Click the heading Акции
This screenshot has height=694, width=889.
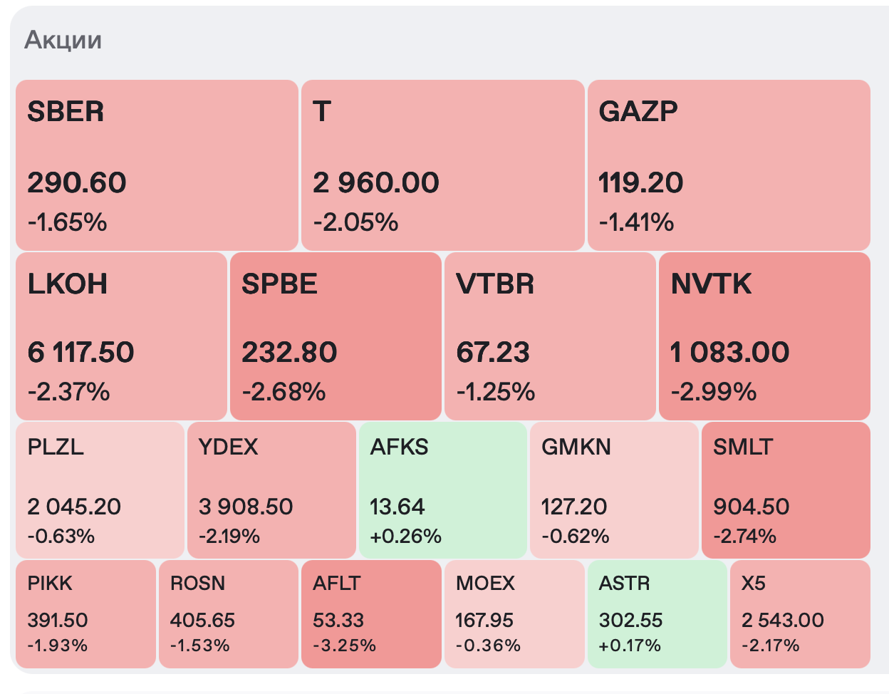click(x=63, y=40)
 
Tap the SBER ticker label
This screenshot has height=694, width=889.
click(x=66, y=112)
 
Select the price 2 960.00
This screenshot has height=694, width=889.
click(x=376, y=183)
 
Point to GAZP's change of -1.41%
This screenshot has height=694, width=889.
click(x=636, y=222)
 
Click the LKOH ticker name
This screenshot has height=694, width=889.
click(x=68, y=284)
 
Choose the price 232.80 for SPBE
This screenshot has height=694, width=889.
click(x=289, y=353)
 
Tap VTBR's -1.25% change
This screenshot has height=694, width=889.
click(x=495, y=391)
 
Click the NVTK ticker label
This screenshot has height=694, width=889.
click(x=711, y=284)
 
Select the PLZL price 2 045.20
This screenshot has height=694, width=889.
click(x=74, y=507)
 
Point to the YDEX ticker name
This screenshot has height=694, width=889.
click(x=228, y=447)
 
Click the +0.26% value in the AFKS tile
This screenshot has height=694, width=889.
click(x=406, y=536)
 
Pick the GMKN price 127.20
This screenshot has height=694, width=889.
click(x=574, y=507)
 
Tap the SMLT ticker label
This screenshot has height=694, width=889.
click(x=743, y=447)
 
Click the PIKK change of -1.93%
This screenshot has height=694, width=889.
click(x=58, y=646)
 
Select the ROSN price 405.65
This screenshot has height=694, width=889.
click(x=202, y=620)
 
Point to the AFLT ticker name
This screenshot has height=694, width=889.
click(x=337, y=583)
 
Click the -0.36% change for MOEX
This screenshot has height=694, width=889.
click(x=488, y=646)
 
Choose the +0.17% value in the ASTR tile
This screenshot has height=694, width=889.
click(x=630, y=646)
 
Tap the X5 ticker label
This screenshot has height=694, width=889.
click(x=754, y=583)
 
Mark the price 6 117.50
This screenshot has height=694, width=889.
click(x=80, y=353)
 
